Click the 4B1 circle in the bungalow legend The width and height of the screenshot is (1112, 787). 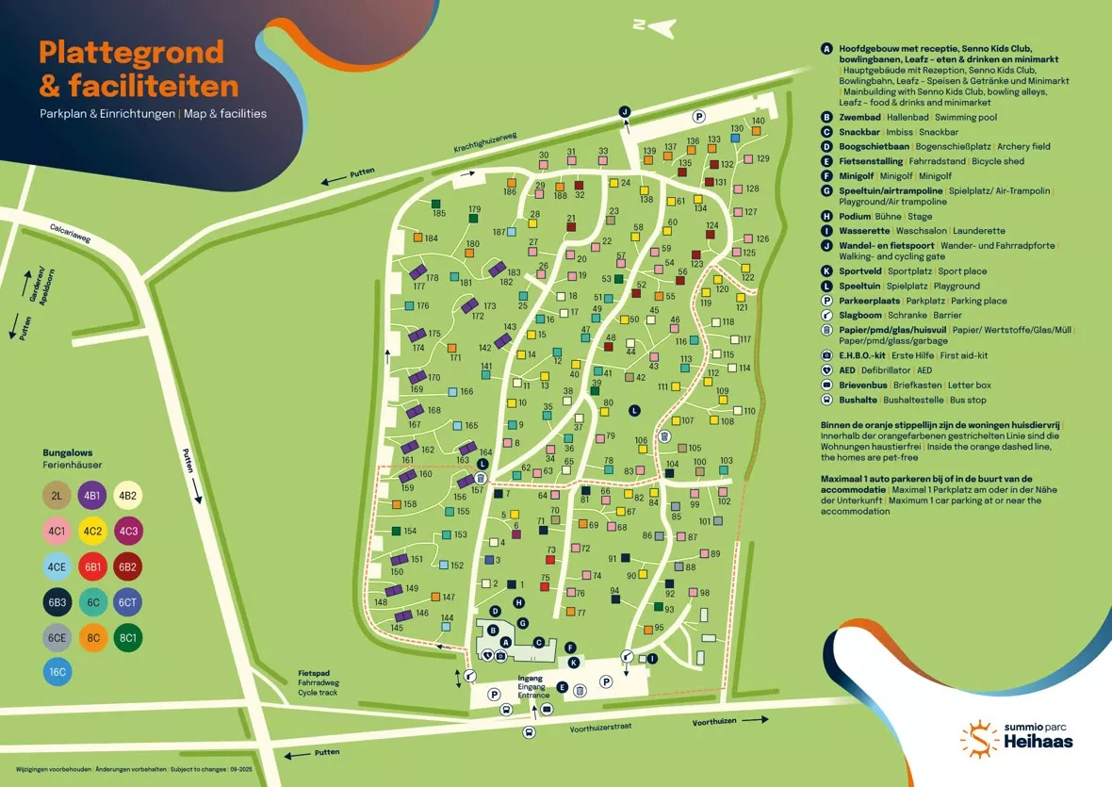[91, 496]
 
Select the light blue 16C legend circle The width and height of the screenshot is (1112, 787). [57, 672]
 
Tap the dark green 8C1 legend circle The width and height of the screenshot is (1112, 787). [127, 637]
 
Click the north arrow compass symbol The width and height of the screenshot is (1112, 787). [655, 26]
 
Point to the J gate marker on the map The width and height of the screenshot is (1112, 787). [624, 111]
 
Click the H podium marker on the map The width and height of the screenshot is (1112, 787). [517, 602]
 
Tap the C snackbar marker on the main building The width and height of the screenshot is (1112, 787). [538, 642]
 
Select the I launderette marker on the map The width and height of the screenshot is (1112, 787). [652, 658]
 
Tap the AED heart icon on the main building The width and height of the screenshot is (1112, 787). [487, 655]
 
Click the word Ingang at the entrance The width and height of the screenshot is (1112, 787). [531, 679]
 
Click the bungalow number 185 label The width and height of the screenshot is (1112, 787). [439, 214]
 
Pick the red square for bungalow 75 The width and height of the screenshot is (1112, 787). [545, 589]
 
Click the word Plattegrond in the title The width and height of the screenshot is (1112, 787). [131, 52]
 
